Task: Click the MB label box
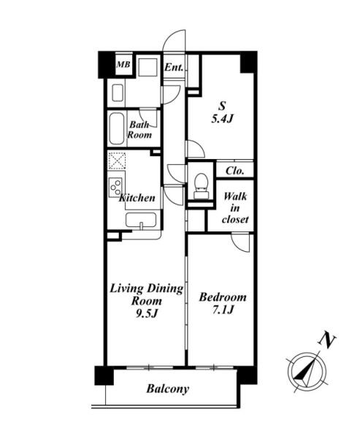point(123,64)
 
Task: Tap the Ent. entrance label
point(174,67)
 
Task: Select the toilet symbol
point(201,185)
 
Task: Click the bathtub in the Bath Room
point(117,128)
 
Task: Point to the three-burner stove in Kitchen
point(115,187)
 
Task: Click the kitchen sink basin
point(141,220)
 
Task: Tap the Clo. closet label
point(235,171)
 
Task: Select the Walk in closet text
point(235,208)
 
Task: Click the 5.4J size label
point(222,119)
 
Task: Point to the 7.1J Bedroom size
point(223,310)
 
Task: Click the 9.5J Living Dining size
point(147,313)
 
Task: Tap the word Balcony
point(168,388)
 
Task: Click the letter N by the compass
point(326,339)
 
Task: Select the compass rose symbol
point(307,372)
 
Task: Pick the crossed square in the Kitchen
point(117,161)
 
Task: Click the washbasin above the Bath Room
point(118,93)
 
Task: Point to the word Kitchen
point(137,198)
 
